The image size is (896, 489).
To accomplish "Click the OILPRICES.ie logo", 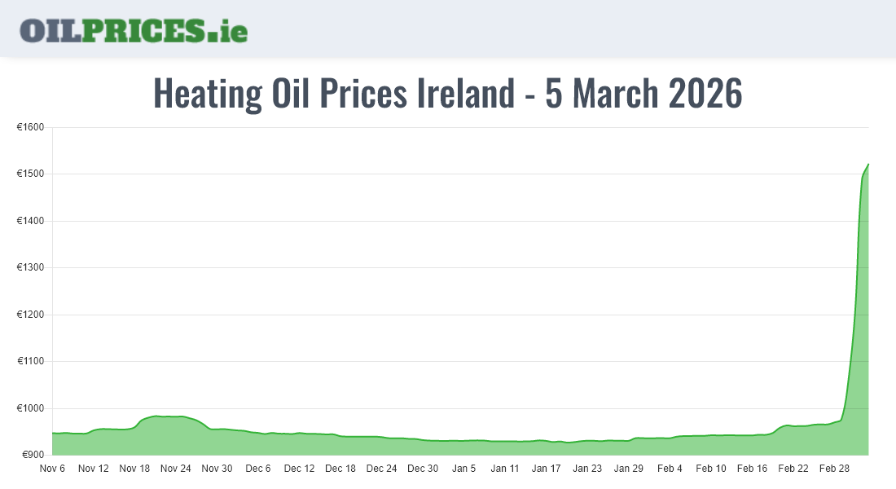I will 134,30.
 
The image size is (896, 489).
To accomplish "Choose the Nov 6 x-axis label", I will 52,469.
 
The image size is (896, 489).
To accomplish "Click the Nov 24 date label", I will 175,469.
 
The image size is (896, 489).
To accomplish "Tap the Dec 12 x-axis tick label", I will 299,469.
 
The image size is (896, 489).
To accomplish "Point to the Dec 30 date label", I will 423,469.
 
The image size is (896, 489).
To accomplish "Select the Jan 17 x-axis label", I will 546,469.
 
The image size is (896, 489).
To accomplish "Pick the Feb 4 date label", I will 670,469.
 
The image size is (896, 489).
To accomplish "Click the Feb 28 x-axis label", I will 834,469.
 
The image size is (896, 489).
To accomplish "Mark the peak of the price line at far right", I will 868,165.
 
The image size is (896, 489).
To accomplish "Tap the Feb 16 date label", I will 752,469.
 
